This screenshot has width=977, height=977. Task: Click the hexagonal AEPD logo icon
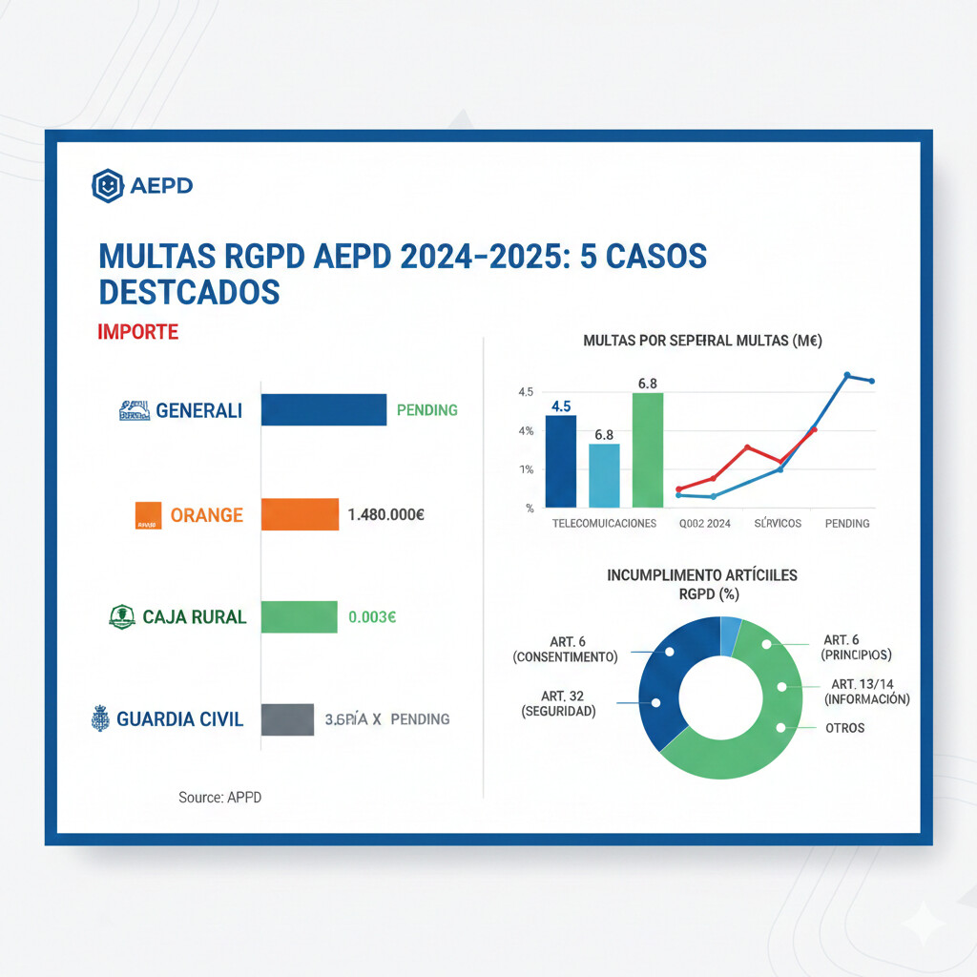[108, 186]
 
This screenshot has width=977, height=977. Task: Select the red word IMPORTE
[137, 332]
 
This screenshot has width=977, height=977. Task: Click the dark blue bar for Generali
[323, 410]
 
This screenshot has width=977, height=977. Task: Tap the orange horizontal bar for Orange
[300, 515]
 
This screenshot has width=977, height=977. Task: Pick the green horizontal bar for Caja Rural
[299, 616]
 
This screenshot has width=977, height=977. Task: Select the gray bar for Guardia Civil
[287, 719]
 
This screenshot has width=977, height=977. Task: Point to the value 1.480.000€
[386, 515]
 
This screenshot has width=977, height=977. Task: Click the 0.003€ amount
[372, 616]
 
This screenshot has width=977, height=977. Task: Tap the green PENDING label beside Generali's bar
[426, 410]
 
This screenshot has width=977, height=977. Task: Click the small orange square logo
[146, 517]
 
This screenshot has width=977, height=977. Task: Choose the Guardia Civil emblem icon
[100, 718]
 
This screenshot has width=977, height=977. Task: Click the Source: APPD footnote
[219, 797]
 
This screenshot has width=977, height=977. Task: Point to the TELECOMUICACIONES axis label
[605, 524]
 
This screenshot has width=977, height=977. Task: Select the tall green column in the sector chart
[647, 450]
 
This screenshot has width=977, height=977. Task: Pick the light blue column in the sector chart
[604, 475]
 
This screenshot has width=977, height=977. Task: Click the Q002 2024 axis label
[704, 524]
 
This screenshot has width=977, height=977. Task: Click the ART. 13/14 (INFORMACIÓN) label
[868, 692]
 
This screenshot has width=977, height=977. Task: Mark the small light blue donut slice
[730, 634]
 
